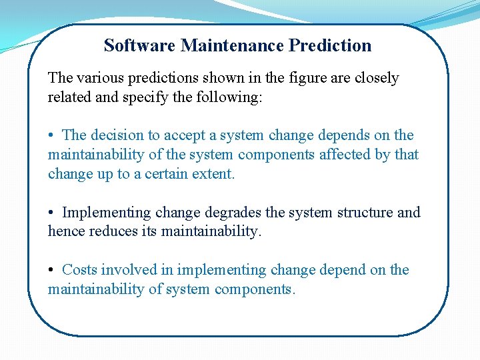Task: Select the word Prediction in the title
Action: (x=331, y=46)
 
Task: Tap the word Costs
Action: (x=80, y=270)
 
